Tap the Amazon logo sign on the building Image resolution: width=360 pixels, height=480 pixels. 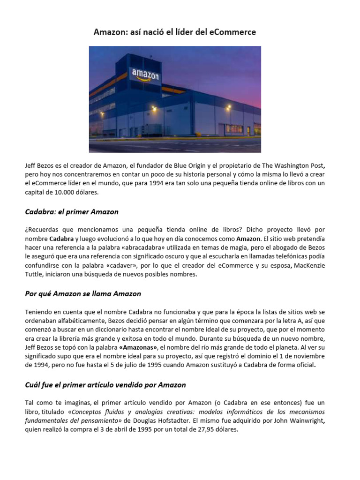coord(145,75)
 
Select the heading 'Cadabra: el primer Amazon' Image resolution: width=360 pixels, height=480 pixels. coord(71,212)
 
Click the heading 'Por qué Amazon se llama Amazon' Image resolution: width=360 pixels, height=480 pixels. coord(82,294)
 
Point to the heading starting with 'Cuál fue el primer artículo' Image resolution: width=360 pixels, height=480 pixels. coord(105,385)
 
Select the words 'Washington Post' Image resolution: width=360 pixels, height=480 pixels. coord(299,165)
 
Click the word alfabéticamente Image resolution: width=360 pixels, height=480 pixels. coord(81,321)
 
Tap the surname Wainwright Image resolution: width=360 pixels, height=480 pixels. coord(300,420)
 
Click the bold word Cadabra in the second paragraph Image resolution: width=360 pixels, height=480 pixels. coord(61,239)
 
